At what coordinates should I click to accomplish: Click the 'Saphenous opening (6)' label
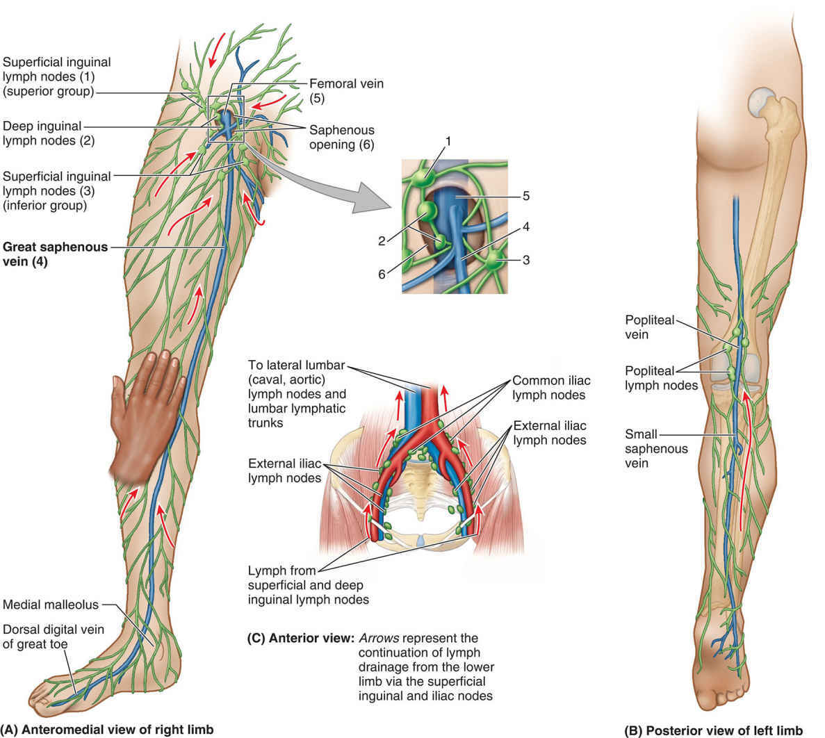coord(341,136)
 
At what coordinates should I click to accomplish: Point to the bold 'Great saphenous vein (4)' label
coord(56,254)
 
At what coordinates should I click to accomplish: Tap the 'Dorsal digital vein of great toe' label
coord(53,637)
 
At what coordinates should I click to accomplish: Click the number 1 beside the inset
coord(448,141)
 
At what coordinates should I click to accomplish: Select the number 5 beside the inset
coord(526,196)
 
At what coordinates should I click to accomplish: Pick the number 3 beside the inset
coord(526,261)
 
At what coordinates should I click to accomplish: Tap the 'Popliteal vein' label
coord(646,327)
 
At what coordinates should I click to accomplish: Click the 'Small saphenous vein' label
coord(646,448)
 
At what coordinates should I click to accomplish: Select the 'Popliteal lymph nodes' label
coord(661,377)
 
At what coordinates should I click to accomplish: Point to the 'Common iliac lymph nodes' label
coord(548,388)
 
